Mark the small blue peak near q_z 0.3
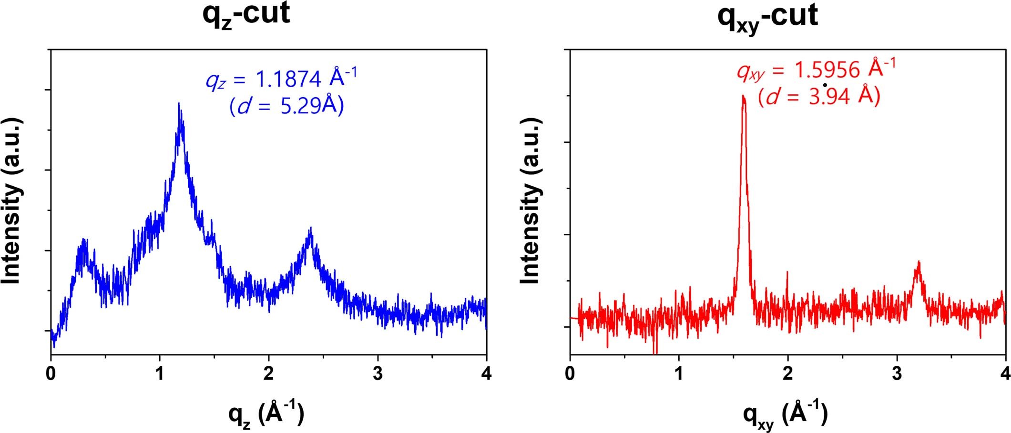pyautogui.click(x=84, y=241)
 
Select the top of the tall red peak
pyautogui.click(x=743, y=97)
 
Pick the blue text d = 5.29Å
pyautogui.click(x=286, y=106)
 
